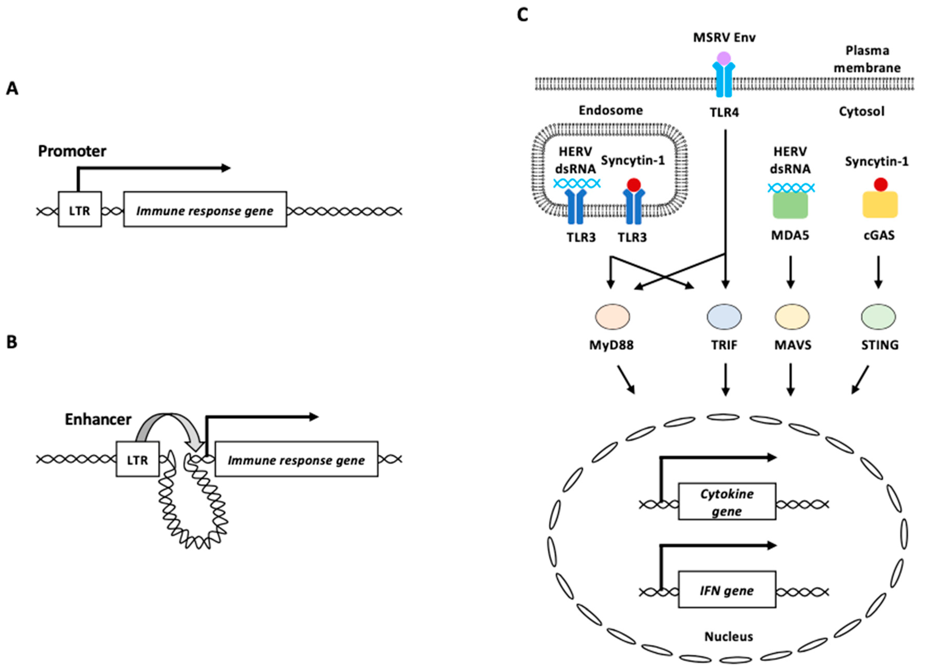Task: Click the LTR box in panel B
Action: coord(137,459)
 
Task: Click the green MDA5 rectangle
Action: coord(790,205)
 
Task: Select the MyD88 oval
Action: coord(612,316)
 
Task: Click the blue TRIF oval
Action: coord(724,316)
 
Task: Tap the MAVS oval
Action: coord(792,316)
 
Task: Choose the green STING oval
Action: coord(878,316)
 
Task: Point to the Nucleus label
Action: coord(728,636)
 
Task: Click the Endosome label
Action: coord(610,110)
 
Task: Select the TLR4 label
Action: coord(724,112)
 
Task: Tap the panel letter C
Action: coord(522,15)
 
